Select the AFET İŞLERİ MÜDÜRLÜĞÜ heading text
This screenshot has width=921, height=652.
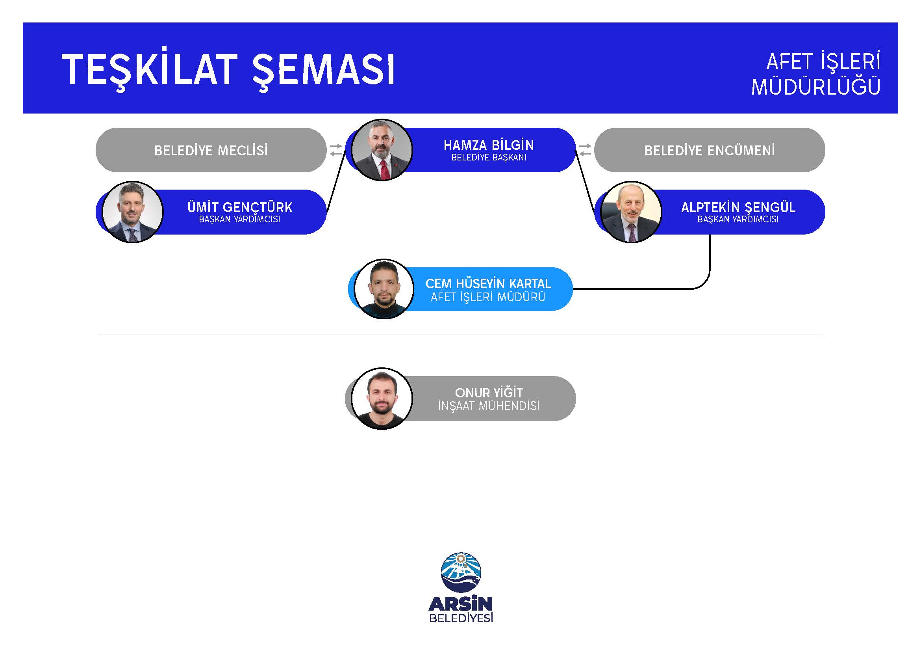(x=816, y=75)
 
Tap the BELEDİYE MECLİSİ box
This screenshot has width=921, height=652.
(x=211, y=150)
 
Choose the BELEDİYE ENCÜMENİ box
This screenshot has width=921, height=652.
(x=710, y=150)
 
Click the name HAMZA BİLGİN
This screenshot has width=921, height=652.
(x=489, y=145)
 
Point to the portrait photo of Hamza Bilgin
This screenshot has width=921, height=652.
(x=382, y=150)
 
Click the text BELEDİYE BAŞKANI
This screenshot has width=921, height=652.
(x=489, y=158)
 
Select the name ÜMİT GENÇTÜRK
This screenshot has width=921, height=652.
(x=240, y=207)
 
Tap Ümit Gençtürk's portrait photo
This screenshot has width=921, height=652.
(x=132, y=212)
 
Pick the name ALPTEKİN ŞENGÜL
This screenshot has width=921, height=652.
(x=738, y=207)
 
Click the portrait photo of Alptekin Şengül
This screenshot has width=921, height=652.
(x=631, y=212)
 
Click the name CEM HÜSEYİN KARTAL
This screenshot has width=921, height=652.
(x=488, y=283)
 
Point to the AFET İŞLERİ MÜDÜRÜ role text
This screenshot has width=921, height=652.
(x=488, y=297)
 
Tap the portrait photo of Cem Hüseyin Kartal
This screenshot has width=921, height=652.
(x=384, y=289)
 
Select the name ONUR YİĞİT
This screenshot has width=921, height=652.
(x=489, y=392)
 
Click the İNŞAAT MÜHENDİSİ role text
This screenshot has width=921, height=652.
(x=489, y=406)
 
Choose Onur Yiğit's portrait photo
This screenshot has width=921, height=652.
(x=382, y=398)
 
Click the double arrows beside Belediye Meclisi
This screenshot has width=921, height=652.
(x=336, y=150)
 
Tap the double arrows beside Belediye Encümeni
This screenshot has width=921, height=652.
(x=585, y=150)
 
